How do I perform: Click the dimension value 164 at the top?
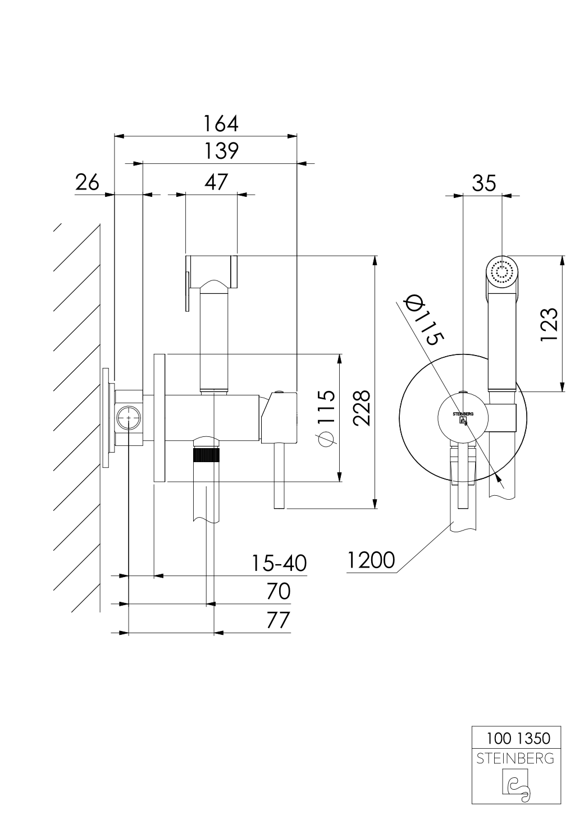pyautogui.click(x=221, y=123)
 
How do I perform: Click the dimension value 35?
pyautogui.click(x=484, y=183)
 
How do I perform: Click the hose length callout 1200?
pyautogui.click(x=371, y=560)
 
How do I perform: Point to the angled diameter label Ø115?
pyautogui.click(x=425, y=320)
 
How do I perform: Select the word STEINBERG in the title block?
pyautogui.click(x=515, y=759)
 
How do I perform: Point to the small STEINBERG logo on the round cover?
pyautogui.click(x=463, y=416)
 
